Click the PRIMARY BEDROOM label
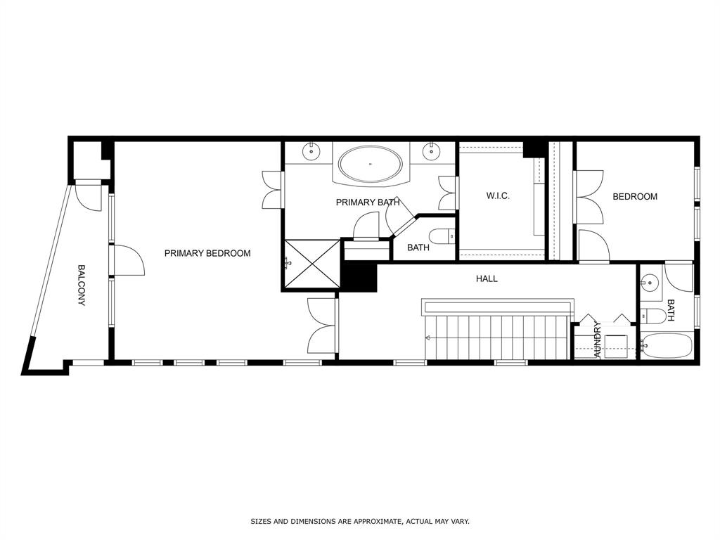click(x=207, y=253)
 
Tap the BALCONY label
click(x=82, y=285)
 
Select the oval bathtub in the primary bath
click(x=371, y=164)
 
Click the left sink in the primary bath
click(x=311, y=151)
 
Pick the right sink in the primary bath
click(x=431, y=151)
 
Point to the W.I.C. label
click(x=498, y=196)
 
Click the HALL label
click(x=487, y=278)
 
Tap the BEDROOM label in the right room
click(x=635, y=197)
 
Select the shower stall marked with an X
click(x=311, y=264)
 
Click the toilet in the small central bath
click(x=442, y=237)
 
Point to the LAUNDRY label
click(x=598, y=340)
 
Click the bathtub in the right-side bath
click(x=667, y=346)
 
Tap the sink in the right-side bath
click(x=650, y=283)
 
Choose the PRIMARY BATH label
click(x=368, y=202)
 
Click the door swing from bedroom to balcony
click(x=129, y=260)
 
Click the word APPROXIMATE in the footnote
click(x=372, y=521)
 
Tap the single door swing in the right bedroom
click(x=593, y=245)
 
